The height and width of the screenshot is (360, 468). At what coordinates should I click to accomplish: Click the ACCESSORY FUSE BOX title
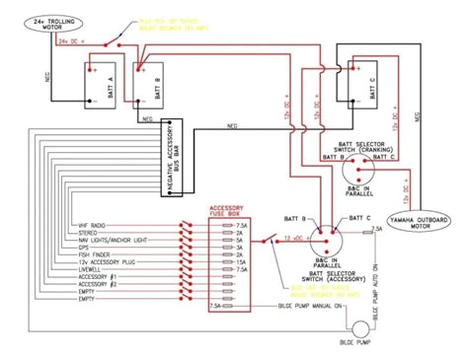[x=228, y=212]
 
